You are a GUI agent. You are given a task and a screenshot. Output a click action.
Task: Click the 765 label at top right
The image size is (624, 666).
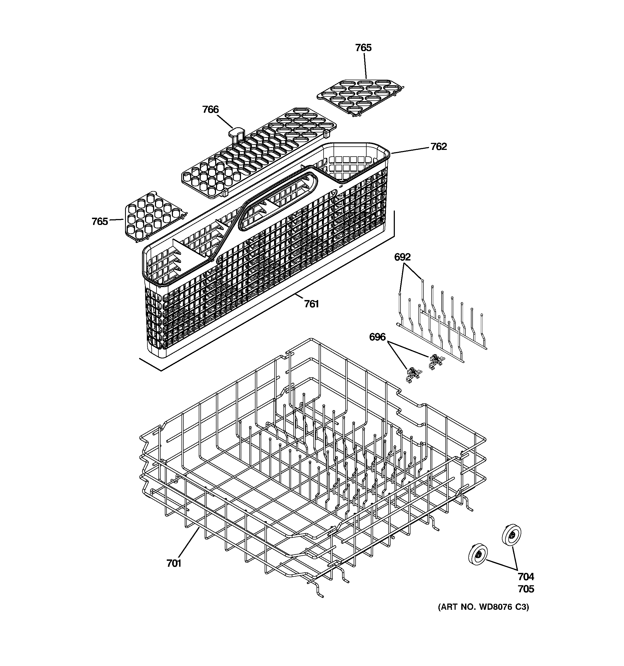363,48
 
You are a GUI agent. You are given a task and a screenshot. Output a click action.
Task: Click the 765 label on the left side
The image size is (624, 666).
100,221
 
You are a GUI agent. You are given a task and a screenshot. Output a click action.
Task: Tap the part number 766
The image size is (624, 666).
210,110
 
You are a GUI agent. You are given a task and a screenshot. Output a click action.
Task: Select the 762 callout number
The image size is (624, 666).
438,147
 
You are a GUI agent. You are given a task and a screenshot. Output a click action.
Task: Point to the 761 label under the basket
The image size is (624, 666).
311,304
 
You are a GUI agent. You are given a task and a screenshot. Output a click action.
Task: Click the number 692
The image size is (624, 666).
402,257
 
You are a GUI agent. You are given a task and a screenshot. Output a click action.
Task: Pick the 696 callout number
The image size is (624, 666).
377,337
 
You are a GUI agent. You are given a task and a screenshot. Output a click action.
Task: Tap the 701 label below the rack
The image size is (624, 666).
174,573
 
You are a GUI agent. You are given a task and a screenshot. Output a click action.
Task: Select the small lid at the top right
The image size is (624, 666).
360,97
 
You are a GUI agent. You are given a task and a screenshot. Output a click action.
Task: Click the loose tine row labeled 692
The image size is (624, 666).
442,322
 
